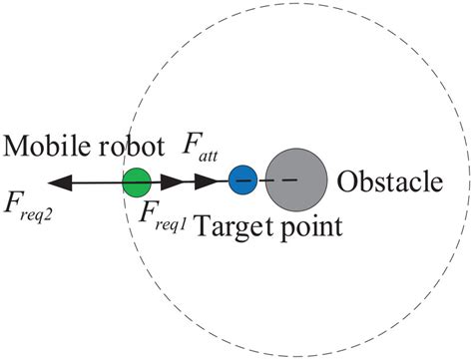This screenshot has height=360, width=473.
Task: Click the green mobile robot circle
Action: (x=137, y=181)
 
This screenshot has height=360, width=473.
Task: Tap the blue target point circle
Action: (x=242, y=180)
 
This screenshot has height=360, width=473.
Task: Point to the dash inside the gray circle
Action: (x=289, y=180)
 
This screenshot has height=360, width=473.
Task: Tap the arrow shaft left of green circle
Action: (x=95, y=181)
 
